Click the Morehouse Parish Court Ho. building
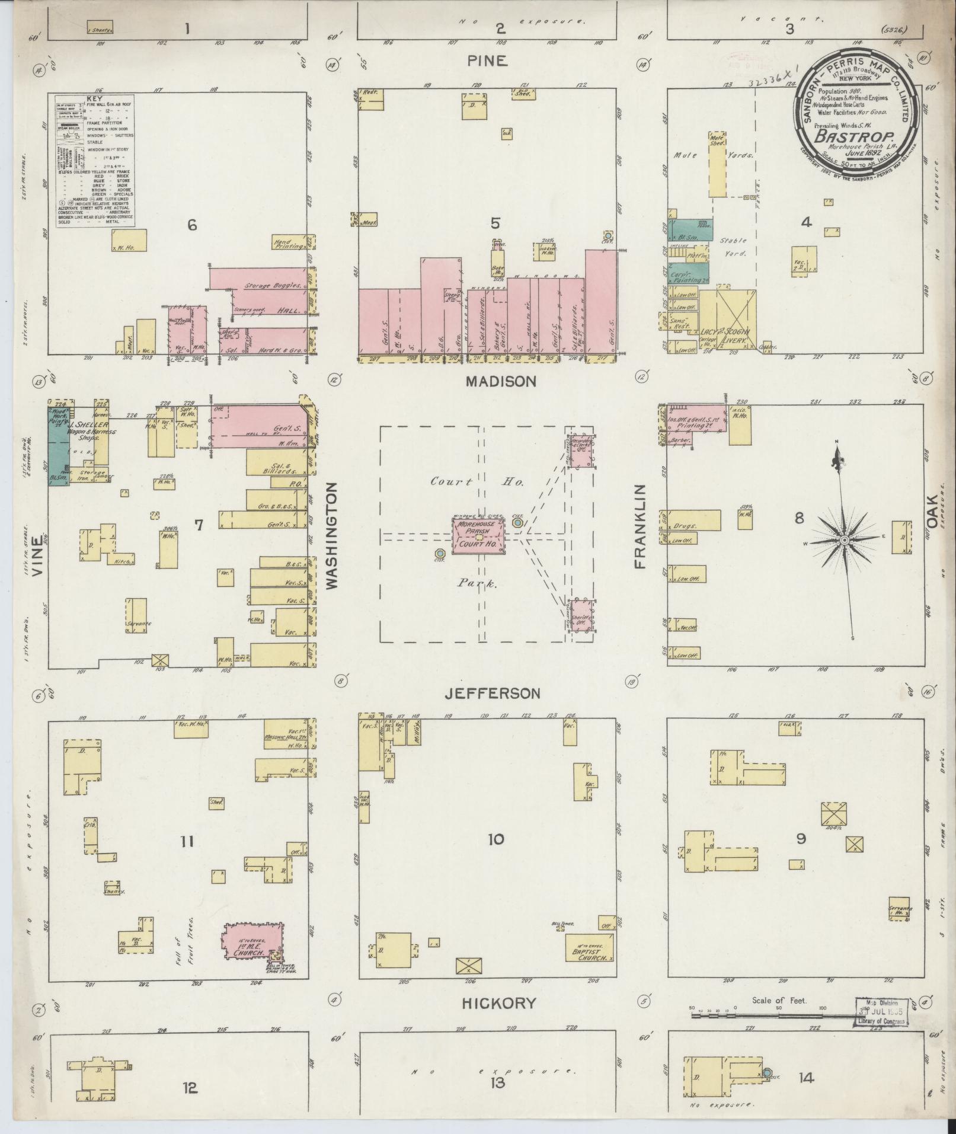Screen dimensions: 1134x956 point(479,536)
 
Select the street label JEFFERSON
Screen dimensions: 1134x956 point(493,693)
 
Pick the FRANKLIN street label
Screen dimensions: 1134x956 point(640,526)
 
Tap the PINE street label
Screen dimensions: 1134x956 point(487,60)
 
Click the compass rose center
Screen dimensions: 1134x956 point(843,540)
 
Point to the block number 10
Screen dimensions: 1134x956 point(495,839)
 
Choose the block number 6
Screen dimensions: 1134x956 point(191,225)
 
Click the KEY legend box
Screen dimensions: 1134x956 point(95,161)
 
